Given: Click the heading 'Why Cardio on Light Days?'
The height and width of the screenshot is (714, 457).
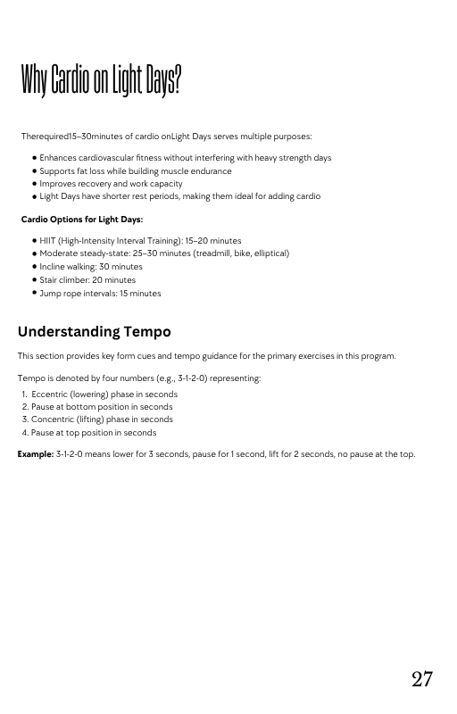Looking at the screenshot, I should tap(101, 82).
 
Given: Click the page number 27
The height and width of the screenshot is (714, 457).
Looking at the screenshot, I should tap(422, 679).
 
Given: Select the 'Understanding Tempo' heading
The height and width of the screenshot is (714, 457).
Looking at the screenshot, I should tap(95, 332).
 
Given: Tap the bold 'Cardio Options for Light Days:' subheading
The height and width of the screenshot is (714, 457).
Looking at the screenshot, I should tap(82, 220).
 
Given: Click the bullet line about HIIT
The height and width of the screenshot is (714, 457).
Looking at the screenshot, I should tap(140, 241).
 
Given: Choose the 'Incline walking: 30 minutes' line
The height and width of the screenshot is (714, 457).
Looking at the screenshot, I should tap(91, 267).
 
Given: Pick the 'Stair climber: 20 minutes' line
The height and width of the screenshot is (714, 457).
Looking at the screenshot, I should tap(87, 280).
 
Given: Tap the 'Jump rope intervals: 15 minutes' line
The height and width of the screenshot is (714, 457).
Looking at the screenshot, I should tap(100, 294).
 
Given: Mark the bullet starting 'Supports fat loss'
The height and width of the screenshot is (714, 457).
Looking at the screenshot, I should tap(135, 171).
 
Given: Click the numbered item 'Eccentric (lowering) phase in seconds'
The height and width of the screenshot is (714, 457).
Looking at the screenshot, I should tap(104, 394).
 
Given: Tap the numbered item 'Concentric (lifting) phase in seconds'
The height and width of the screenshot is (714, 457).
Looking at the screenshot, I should tap(102, 419).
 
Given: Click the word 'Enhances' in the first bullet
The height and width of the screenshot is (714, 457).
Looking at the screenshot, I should tap(58, 158).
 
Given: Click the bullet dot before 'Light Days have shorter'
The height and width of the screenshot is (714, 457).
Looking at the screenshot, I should tap(34, 197).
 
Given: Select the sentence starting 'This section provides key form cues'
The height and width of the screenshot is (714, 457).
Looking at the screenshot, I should tap(206, 356).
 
